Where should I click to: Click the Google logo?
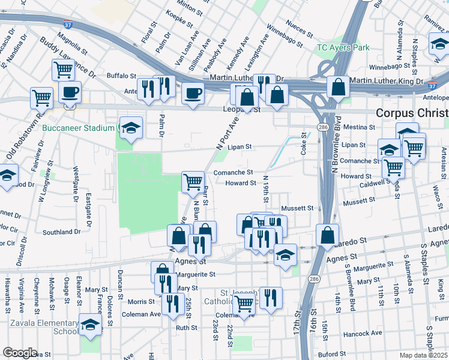[x=20, y=353]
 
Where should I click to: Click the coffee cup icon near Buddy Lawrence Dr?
[x=70, y=92]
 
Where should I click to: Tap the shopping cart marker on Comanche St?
[x=192, y=181]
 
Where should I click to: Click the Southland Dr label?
[x=62, y=232]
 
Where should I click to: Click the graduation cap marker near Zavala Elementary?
[x=90, y=325]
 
